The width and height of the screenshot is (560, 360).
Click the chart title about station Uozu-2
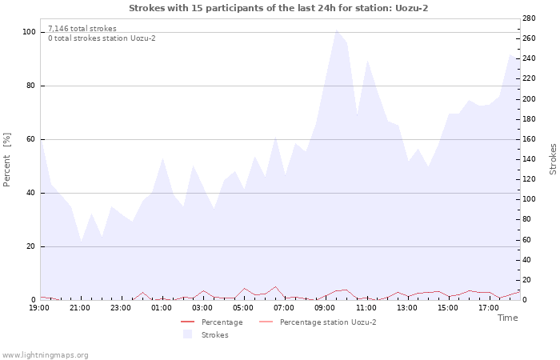(x=283, y=8)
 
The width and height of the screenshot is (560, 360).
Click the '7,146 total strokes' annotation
(x=82, y=29)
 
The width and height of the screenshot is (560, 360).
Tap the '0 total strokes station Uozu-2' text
(x=102, y=38)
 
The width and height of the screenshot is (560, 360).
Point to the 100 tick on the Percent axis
(x=30, y=32)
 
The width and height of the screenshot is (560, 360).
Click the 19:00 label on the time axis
(x=39, y=307)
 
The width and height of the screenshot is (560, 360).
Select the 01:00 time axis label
(x=162, y=307)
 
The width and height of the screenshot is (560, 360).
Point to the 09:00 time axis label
(x=325, y=307)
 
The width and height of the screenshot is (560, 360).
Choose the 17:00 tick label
(x=488, y=307)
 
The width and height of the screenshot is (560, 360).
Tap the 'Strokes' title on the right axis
(x=553, y=159)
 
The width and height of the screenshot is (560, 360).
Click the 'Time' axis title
(x=507, y=318)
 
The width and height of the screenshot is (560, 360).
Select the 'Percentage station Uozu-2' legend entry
(x=327, y=322)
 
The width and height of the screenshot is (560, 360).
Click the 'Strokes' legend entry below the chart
(x=214, y=335)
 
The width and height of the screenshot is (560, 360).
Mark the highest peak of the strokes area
(x=336, y=30)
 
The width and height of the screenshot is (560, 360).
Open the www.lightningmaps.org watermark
(x=46, y=355)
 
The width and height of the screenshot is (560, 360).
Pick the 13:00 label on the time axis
(x=406, y=307)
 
